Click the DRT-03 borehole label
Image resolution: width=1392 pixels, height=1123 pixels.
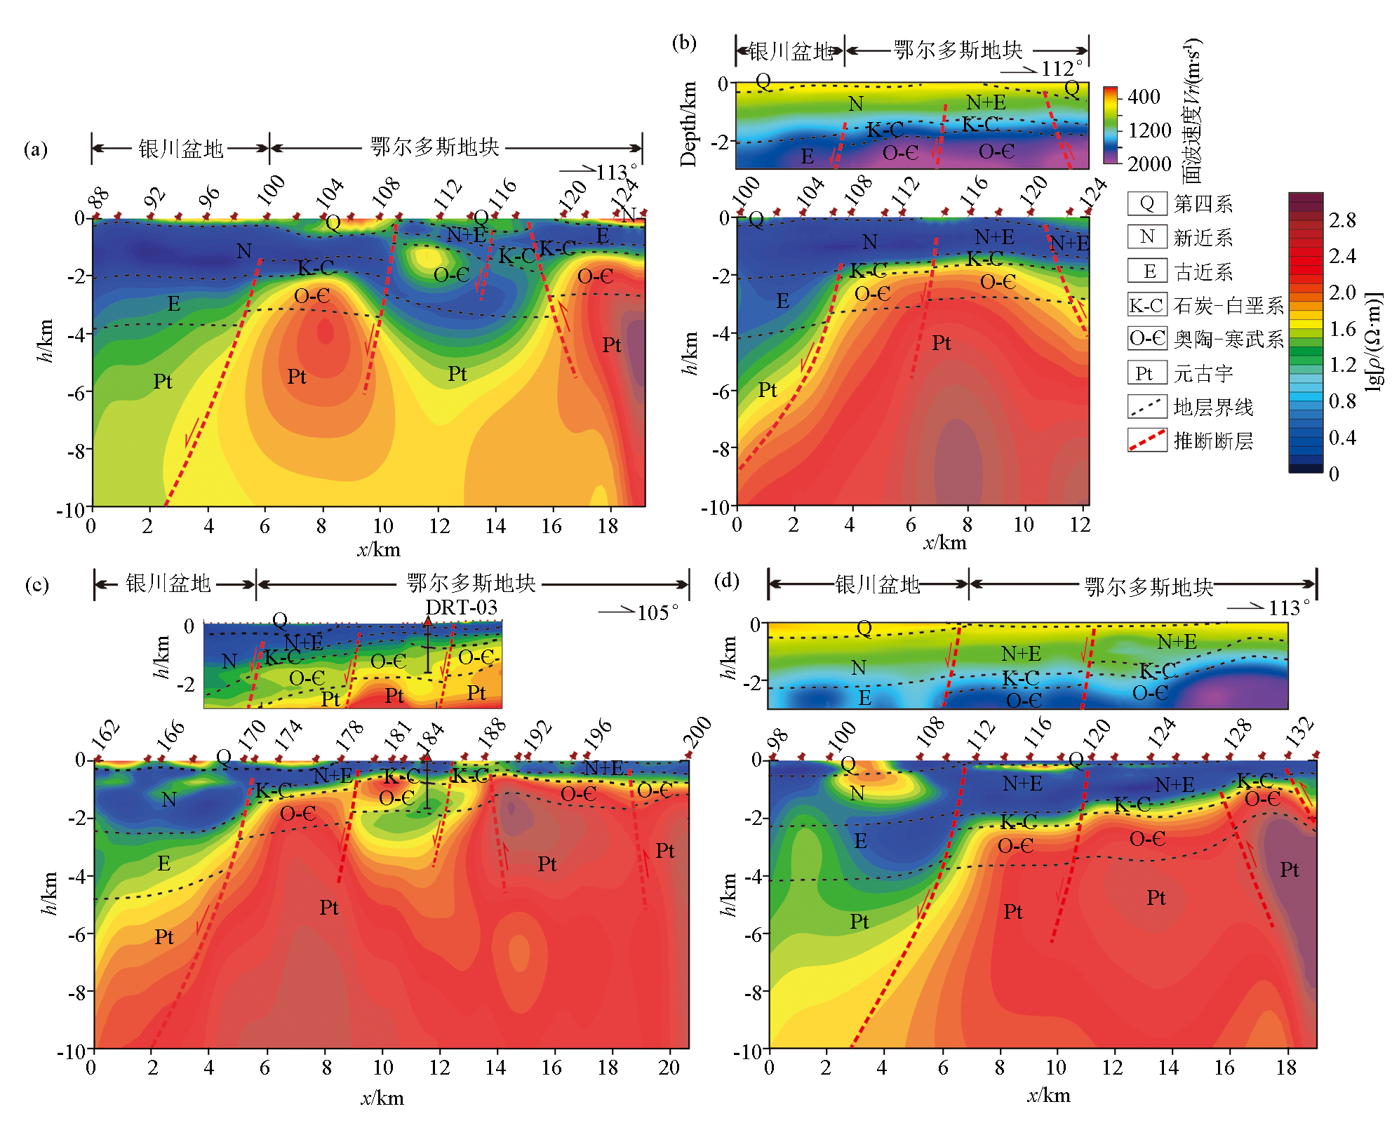[461, 607]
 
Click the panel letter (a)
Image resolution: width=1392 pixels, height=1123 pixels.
[36, 149]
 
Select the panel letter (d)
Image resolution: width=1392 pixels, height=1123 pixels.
[726, 581]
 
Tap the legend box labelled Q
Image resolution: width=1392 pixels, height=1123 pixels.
[1146, 203]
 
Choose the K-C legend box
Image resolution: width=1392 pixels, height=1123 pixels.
[1146, 305]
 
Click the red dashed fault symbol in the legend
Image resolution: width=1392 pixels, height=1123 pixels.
[1146, 440]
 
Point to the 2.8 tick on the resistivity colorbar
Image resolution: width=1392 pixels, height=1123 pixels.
[1342, 220]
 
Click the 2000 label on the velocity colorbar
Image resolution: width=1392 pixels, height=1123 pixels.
[1149, 164]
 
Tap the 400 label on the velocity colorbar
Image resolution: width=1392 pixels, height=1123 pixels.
[1144, 97]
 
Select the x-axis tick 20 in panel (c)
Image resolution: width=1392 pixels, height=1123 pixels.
[669, 1068]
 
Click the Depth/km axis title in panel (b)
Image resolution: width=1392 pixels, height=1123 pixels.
[688, 124]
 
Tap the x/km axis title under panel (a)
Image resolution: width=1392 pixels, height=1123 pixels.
[379, 549]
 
